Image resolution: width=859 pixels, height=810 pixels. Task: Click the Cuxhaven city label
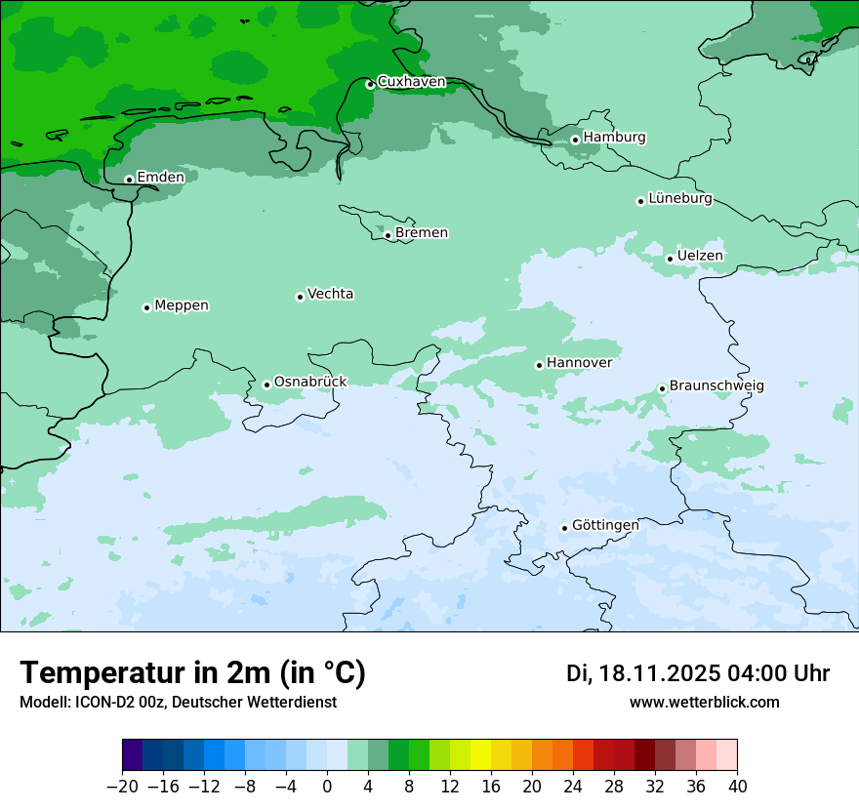click(x=411, y=82)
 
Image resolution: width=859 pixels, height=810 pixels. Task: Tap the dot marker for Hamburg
click(x=575, y=140)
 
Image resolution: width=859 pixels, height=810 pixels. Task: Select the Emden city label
click(x=160, y=177)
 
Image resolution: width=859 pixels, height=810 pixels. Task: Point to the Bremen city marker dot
click(x=388, y=235)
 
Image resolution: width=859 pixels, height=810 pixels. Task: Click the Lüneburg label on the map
click(x=680, y=198)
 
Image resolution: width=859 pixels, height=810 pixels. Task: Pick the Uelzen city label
click(x=700, y=256)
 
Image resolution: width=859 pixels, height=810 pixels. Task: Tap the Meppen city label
click(x=182, y=305)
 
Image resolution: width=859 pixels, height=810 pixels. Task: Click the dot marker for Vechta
click(x=300, y=297)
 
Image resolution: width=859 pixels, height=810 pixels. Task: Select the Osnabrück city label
click(x=310, y=382)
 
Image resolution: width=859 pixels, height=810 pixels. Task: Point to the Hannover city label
click(x=579, y=362)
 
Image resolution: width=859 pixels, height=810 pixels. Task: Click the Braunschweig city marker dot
click(x=662, y=388)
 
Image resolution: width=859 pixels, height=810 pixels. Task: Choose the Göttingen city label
click(x=605, y=525)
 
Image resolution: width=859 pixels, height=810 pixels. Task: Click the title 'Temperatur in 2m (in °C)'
click(x=192, y=673)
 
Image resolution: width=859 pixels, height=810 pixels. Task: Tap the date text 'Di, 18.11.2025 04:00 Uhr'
click(x=698, y=673)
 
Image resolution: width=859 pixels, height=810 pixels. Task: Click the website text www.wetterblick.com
click(x=704, y=702)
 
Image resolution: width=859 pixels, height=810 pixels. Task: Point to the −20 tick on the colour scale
click(x=122, y=787)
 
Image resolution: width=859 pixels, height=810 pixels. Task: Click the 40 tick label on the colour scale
click(x=737, y=787)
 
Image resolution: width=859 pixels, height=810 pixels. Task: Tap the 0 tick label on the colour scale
click(x=327, y=787)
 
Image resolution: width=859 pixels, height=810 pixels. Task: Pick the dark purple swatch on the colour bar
click(x=133, y=755)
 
